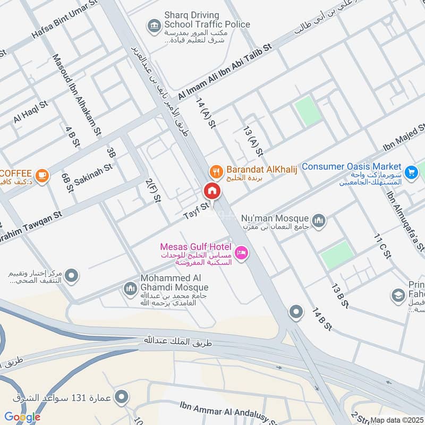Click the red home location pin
coord(212,191)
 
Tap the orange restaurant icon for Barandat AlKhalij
coord(215,171)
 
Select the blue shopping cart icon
coord(410,172)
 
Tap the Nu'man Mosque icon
coord(319,220)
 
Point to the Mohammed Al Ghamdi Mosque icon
coord(130,289)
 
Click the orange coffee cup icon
coord(42,174)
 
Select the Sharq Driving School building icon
coord(154,25)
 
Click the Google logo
coord(22,417)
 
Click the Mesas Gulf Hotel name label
coord(195,247)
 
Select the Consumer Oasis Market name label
coord(352,166)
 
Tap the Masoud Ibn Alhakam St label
coord(76,93)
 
